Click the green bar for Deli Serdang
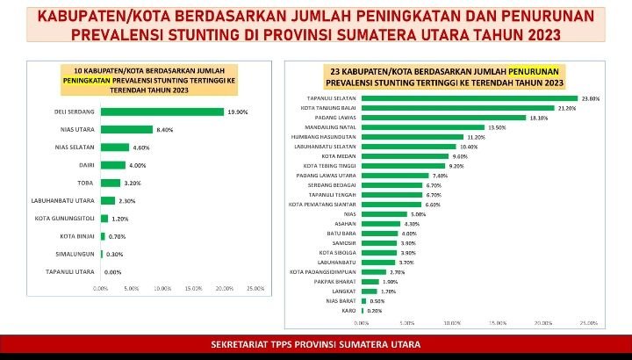[x=162, y=112]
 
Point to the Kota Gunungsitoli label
[x=65, y=218]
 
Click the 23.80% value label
[x=590, y=98]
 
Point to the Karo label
[x=348, y=310]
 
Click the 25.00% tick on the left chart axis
[x=255, y=288]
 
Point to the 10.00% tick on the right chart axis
[x=452, y=322]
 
